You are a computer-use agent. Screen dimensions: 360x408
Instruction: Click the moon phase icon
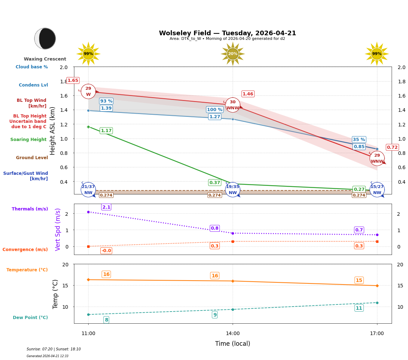point(45,38)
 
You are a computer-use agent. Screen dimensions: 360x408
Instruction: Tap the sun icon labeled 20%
point(233,54)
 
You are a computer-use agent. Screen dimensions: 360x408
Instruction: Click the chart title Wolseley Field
point(227,33)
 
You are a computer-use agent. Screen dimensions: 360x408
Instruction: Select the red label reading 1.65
point(73,80)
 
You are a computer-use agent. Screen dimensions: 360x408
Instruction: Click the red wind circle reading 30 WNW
point(233,105)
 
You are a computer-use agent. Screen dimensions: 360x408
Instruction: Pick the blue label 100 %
point(214,110)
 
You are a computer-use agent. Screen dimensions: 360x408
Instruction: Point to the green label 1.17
point(106,131)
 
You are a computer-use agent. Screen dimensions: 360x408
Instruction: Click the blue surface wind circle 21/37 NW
point(88,189)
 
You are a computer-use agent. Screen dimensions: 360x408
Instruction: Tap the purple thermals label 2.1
point(106,207)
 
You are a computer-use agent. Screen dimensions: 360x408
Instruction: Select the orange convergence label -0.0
point(106,251)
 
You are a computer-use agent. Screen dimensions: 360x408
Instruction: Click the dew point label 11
point(359,308)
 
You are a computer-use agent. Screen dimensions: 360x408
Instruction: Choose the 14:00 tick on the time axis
point(233,333)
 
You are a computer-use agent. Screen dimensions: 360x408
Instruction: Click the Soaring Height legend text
point(28,140)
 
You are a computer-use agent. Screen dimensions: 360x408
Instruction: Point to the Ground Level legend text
point(32,158)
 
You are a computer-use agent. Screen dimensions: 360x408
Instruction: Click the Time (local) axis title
point(233,344)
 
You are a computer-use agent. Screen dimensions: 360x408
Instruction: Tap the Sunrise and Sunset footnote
point(54,349)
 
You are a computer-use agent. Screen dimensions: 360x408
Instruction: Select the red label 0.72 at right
point(392,147)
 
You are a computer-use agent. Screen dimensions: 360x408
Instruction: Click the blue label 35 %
point(359,140)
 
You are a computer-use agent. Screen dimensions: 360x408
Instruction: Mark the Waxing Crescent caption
point(45,59)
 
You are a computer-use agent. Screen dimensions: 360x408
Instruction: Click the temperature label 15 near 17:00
point(359,280)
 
